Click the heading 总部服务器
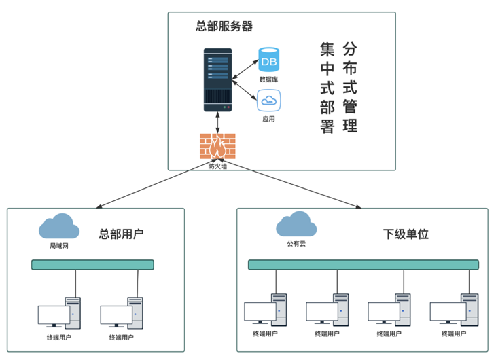click(224, 26)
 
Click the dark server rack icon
click(218, 80)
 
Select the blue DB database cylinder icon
click(269, 61)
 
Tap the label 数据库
click(268, 80)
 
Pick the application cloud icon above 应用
click(268, 101)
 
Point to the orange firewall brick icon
click(217, 145)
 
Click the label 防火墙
click(217, 165)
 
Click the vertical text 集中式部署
click(327, 88)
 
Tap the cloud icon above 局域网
click(57, 226)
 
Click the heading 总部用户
click(122, 234)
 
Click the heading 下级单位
click(406, 234)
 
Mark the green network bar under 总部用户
click(92, 265)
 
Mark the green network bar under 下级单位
click(363, 265)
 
